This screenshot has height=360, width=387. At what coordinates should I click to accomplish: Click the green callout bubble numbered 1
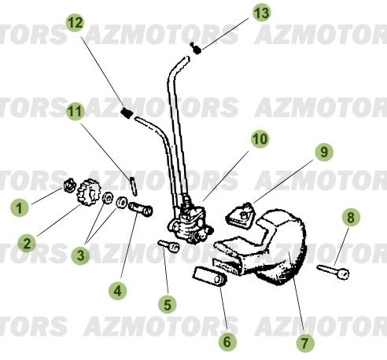(19, 208)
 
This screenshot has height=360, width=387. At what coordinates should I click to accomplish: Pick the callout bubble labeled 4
(118, 290)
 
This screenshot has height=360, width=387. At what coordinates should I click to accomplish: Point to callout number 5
(167, 301)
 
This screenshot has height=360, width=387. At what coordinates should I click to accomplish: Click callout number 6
(226, 341)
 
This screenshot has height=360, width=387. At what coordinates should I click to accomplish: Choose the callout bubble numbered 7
(304, 342)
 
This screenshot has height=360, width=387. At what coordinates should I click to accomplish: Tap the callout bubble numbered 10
(260, 139)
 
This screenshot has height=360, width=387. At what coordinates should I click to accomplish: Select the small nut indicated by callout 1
(68, 189)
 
